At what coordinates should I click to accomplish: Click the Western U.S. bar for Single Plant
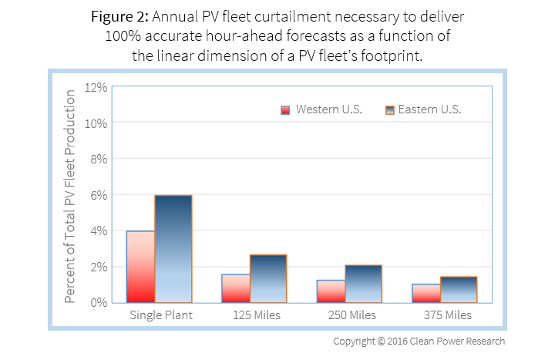140,267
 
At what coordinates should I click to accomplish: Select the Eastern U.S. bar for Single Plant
173,249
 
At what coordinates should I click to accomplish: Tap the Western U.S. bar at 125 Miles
235,288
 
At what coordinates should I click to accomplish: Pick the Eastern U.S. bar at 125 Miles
268,278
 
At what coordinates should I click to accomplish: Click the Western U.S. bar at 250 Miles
331,291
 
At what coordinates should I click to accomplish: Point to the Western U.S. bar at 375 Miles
425,294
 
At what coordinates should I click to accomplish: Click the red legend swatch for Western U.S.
285,109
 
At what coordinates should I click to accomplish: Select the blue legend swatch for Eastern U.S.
389,109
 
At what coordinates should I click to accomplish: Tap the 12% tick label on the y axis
96,87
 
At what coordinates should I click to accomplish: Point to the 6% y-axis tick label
99,195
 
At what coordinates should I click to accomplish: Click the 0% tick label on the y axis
99,302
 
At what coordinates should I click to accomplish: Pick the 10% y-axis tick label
96,123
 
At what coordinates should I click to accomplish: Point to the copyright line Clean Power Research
419,341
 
